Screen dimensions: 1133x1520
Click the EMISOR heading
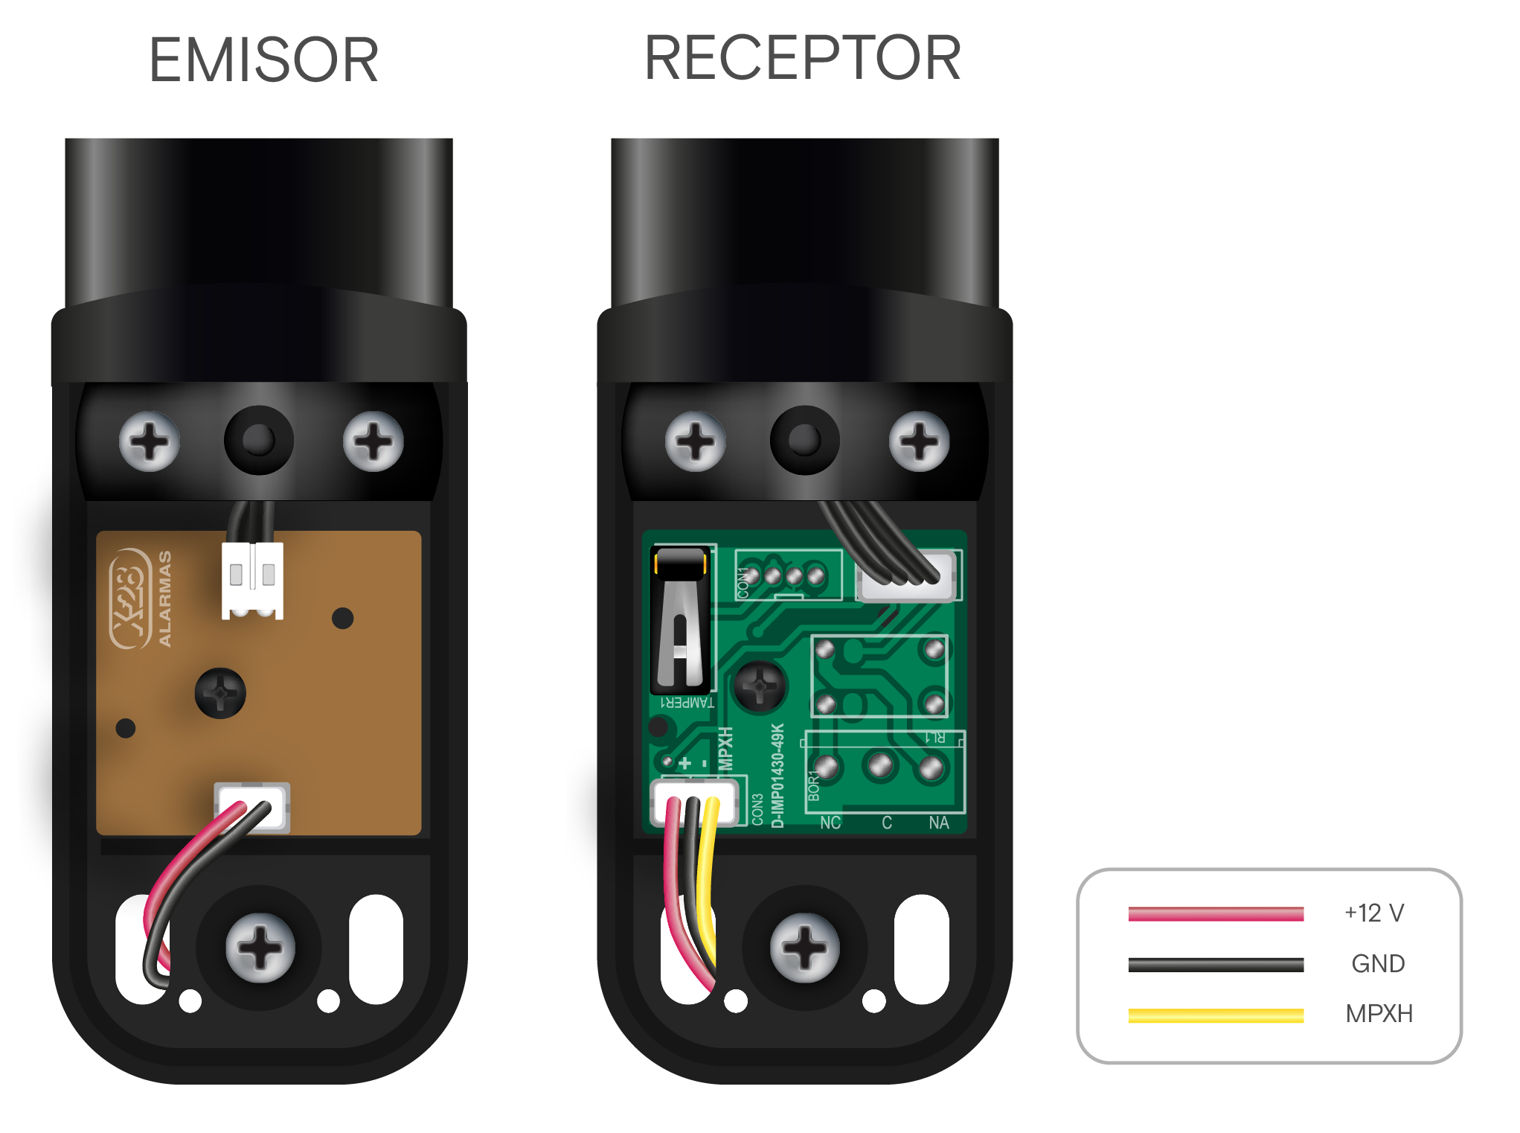pos(264,60)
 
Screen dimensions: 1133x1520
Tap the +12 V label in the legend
pos(1373,913)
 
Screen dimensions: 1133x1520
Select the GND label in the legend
pos(1378,963)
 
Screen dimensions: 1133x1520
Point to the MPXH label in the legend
pos(1379,1013)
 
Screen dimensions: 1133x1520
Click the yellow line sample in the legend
pos(1216,1015)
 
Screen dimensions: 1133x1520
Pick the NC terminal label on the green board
pos(830,823)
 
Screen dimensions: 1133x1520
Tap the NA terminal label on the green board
pos(939,823)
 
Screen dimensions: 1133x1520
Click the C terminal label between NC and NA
pos(887,823)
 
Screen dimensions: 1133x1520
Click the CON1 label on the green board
pos(743,583)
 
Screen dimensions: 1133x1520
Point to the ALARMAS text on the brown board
pos(165,599)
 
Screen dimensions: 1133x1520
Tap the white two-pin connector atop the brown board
pos(252,579)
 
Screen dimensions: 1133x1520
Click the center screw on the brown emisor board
pos(220,693)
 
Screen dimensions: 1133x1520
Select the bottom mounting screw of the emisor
pos(260,948)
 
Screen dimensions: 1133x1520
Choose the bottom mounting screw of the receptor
pos(804,948)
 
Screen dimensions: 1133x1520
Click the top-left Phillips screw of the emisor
pos(150,441)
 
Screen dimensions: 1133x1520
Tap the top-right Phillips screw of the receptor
pos(919,441)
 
